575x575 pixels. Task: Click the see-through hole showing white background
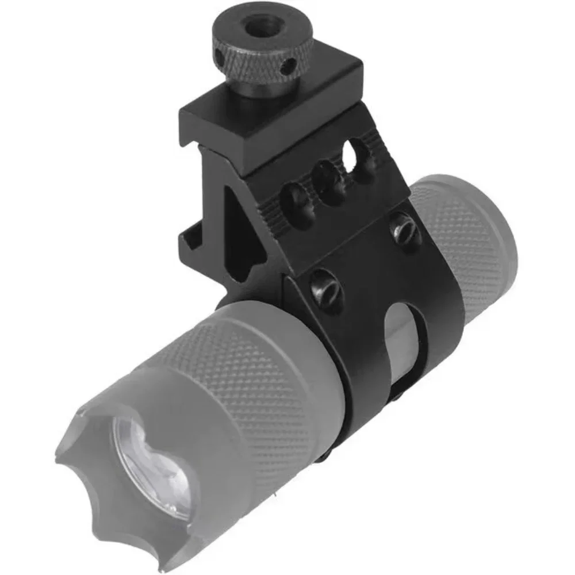(352, 154)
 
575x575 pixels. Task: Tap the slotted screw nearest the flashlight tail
(405, 229)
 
